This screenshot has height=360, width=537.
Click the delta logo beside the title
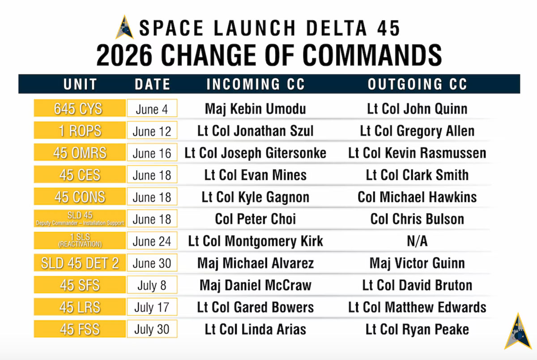pos(125,27)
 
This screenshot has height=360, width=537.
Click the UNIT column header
pos(80,84)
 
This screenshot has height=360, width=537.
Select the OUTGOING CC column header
pos(418,84)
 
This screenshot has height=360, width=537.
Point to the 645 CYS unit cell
pos(80,108)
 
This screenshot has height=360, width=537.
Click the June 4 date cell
pos(152,108)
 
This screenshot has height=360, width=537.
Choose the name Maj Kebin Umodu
pos(256,109)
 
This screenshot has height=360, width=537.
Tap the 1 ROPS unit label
pos(80,131)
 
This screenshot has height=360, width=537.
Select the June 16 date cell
pos(152,152)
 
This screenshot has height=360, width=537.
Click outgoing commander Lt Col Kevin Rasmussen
pos(417,153)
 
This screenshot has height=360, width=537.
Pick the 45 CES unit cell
pos(80,174)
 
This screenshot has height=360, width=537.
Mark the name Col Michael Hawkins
pos(417,197)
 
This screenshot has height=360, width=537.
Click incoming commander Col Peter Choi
pos(256,219)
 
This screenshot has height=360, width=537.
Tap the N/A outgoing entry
pos(417,241)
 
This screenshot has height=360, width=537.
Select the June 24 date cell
pos(152,241)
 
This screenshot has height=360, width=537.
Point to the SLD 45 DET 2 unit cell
pos(80,263)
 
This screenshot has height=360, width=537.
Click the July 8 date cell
pos(152,285)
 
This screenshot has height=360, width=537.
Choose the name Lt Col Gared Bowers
pos(256,307)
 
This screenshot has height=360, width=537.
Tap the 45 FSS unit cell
pos(80,329)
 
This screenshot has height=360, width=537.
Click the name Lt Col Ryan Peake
pos(417,329)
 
